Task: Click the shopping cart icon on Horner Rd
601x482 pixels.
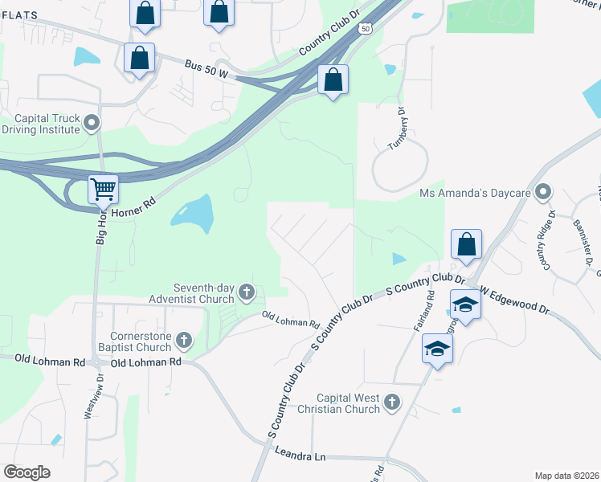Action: coord(103,190)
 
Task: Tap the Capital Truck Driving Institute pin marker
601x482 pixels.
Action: coord(92,124)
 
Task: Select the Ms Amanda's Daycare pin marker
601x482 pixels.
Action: coord(544,192)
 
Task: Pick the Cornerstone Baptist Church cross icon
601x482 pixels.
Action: coord(184,340)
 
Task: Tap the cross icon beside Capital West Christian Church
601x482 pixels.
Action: coord(391,402)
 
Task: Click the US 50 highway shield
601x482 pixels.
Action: coord(366,29)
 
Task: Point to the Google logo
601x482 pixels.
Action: coord(27,472)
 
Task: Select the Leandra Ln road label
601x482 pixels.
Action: coord(300,456)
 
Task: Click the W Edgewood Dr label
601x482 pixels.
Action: coord(514,299)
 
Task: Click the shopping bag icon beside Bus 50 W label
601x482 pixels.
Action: coord(139,58)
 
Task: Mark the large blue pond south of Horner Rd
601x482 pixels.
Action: coord(194,214)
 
